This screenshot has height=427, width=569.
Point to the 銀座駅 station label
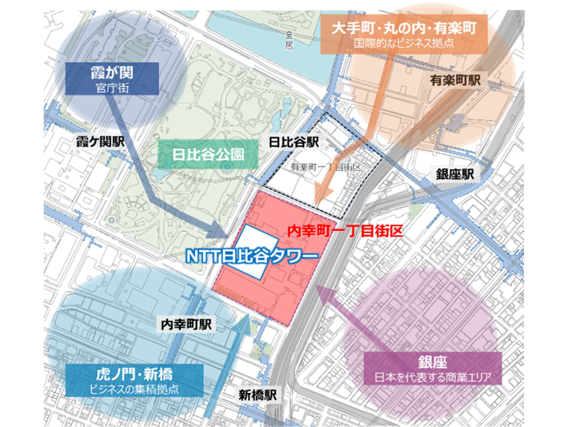pos(454,174)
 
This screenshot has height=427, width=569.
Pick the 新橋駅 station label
pos(258,394)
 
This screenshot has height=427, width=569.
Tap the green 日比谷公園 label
pos(208,155)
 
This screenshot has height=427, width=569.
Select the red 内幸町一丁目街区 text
pos(347,231)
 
